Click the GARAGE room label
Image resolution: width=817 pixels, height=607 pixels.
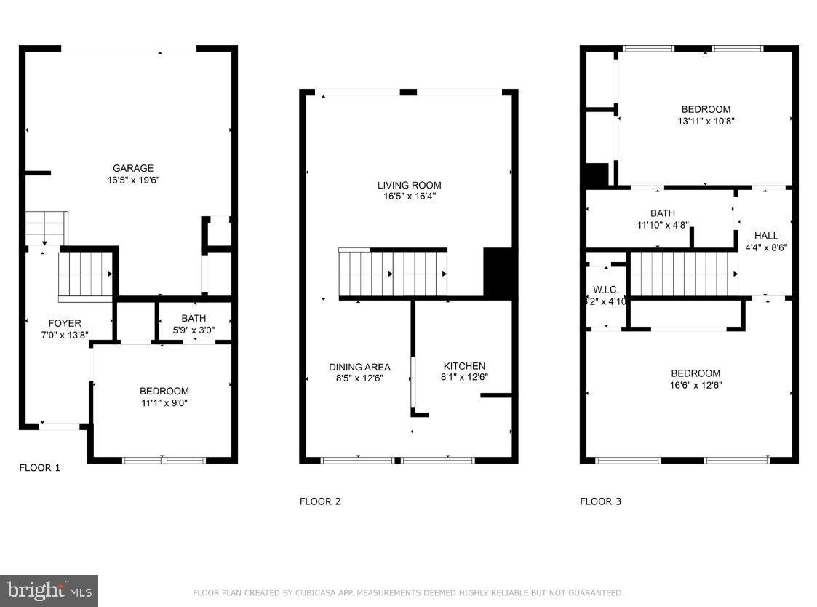(133, 169)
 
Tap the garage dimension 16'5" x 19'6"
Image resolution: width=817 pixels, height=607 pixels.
(133, 179)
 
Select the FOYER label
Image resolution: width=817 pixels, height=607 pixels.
(65, 323)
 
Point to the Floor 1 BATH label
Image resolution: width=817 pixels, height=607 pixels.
(194, 318)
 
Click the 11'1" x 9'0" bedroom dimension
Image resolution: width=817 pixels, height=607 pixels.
(164, 402)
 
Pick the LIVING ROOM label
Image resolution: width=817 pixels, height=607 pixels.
(409, 185)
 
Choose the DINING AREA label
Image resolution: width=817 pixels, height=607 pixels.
(359, 367)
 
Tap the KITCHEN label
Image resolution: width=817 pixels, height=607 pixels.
(463, 366)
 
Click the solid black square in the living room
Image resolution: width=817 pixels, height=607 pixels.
(498, 272)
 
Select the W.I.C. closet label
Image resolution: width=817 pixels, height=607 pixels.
(605, 290)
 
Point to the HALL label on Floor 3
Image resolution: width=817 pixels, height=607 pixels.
(765, 236)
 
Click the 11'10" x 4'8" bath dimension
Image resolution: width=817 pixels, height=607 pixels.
(662, 225)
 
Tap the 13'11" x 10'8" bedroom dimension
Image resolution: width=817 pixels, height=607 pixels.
(706, 122)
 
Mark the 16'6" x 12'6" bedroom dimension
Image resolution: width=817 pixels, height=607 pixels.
(696, 385)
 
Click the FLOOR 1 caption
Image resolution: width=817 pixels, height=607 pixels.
(39, 468)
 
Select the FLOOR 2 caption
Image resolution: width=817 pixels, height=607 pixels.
(320, 501)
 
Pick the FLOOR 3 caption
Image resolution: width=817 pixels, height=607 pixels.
(600, 501)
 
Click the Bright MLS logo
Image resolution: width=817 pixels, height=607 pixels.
(49, 590)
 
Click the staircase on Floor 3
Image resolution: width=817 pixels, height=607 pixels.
(683, 274)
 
